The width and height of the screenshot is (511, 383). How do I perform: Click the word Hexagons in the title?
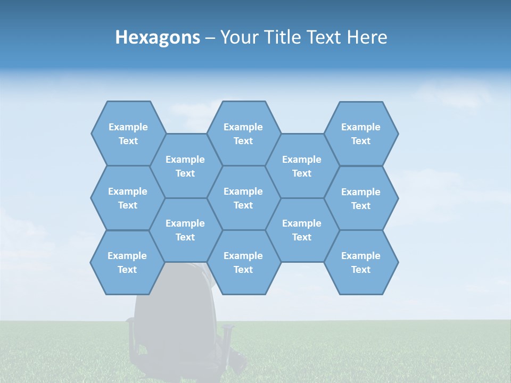click(x=158, y=37)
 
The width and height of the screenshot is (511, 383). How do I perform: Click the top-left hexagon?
click(x=128, y=134)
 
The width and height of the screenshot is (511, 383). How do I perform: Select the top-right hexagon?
click(x=361, y=134)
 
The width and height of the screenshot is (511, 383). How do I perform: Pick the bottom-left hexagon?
click(x=127, y=262)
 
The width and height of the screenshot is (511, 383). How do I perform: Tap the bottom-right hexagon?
click(x=361, y=262)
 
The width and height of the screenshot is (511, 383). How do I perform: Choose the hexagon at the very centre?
click(x=243, y=198)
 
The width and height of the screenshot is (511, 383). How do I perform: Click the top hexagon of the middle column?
click(x=243, y=134)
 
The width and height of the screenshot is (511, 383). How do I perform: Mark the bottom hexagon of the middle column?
click(x=243, y=262)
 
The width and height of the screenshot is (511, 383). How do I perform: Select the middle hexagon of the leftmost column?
click(x=128, y=198)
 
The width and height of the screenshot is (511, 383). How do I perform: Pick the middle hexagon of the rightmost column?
click(x=361, y=198)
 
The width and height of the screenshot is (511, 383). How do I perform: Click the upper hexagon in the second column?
click(x=185, y=166)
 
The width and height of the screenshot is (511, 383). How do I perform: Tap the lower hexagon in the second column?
click(x=185, y=230)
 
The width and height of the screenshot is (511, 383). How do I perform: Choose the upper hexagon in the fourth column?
click(x=302, y=166)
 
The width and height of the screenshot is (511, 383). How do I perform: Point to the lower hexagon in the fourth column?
click(x=302, y=230)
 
